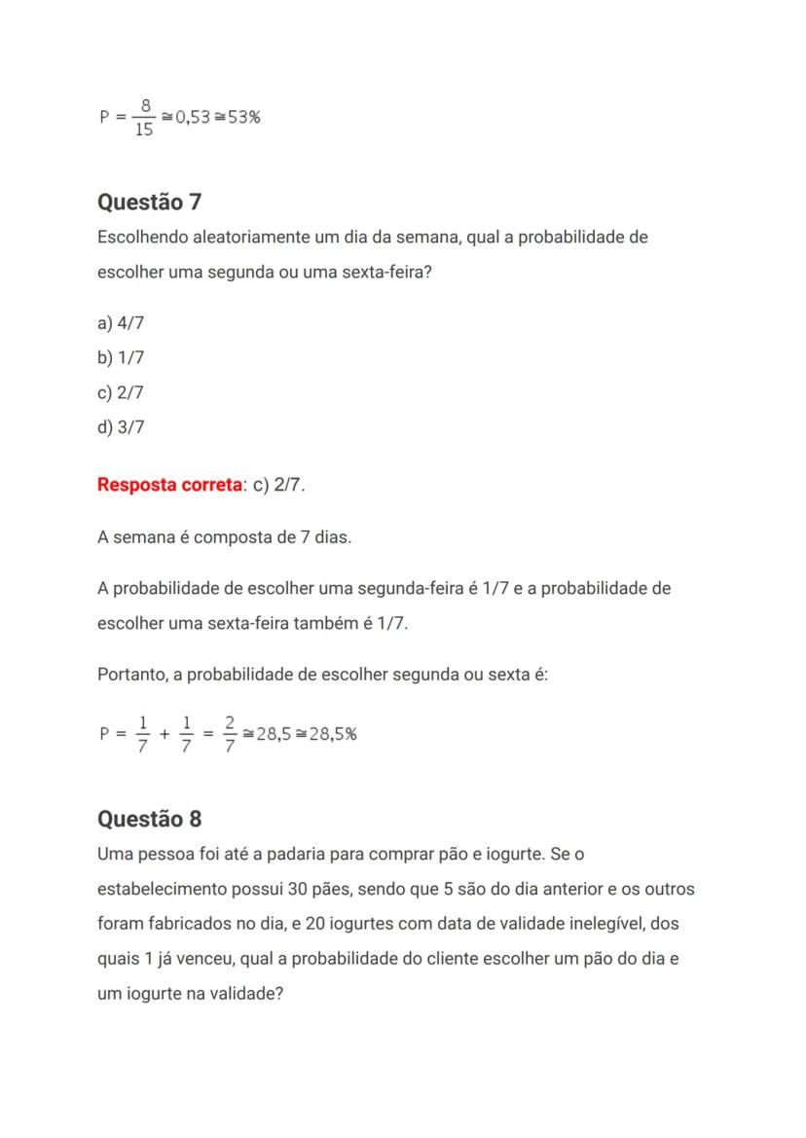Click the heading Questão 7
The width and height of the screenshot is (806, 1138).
(149, 202)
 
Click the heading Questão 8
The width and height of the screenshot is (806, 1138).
(149, 819)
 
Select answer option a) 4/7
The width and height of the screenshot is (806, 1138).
(121, 323)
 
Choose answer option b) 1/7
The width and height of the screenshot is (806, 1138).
(121, 357)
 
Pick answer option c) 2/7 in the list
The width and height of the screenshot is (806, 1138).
(121, 392)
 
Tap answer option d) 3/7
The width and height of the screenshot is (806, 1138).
(121, 426)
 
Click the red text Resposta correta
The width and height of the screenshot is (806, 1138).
(168, 484)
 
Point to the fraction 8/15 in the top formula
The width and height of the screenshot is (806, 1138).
(144, 118)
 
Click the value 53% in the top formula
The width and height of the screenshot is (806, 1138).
(243, 118)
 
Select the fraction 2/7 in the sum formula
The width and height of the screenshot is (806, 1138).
(230, 734)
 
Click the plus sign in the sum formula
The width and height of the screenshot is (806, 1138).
(165, 734)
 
